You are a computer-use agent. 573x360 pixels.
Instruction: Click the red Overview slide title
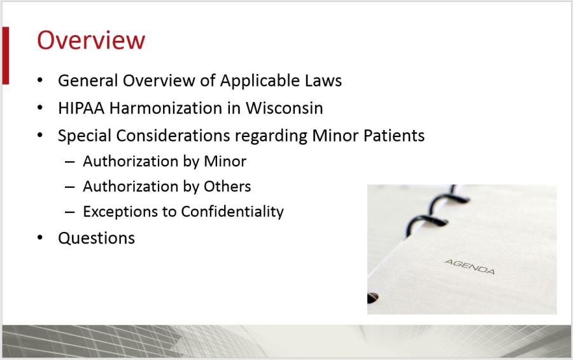91,40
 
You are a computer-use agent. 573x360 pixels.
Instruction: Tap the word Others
227,187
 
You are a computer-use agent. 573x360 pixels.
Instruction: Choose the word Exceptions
122,212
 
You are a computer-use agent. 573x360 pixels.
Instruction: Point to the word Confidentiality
232,212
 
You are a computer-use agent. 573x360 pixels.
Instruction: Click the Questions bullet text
96,238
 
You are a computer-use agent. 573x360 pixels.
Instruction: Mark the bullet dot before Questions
41,238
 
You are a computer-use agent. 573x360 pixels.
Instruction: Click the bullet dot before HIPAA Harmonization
41,108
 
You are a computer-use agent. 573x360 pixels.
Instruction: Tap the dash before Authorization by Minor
70,162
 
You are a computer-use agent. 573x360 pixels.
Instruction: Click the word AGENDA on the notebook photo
469,266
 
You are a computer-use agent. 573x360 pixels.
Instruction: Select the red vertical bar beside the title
5,55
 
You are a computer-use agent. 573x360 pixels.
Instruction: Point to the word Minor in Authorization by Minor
225,161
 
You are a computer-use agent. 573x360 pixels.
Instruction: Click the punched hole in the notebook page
372,298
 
